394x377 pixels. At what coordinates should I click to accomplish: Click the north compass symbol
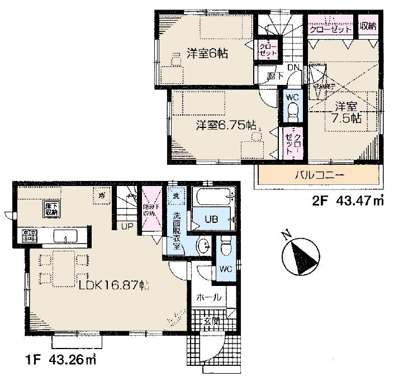coord(300,254)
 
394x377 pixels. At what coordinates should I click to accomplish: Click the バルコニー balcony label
coord(319,175)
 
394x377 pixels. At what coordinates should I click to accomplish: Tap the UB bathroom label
coord(211,218)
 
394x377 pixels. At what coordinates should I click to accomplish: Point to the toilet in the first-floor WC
coord(226,246)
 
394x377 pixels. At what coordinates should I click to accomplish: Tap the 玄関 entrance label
coord(210,322)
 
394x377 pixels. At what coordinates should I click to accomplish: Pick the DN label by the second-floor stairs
coord(293,68)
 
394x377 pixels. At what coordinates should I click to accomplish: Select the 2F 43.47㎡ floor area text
coord(346,199)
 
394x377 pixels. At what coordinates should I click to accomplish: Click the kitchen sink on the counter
coord(66,236)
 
